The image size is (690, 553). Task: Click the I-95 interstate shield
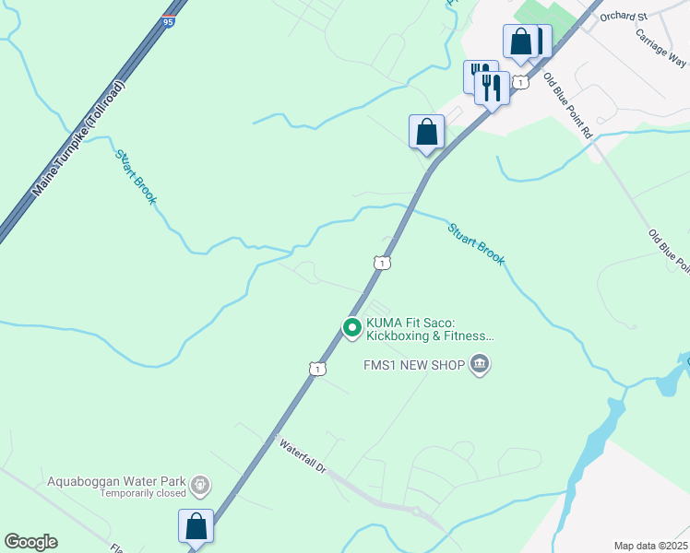167,20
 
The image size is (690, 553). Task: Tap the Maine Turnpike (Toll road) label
78,138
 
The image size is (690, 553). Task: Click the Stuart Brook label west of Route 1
136,175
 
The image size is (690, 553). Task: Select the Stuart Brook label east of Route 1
476,244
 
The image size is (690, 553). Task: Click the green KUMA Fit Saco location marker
351,327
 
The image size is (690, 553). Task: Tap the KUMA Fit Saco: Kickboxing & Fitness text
430,329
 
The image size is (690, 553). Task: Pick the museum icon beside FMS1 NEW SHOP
480,365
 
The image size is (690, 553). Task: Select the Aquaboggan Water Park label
115,482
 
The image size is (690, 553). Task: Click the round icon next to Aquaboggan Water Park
200,483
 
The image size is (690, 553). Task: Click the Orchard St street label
624,16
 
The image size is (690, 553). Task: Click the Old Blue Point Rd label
567,105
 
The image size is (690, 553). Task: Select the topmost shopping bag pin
521,42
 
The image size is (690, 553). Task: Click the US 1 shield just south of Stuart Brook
382,263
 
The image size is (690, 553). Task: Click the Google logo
31,542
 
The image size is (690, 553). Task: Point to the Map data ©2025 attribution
649,546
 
